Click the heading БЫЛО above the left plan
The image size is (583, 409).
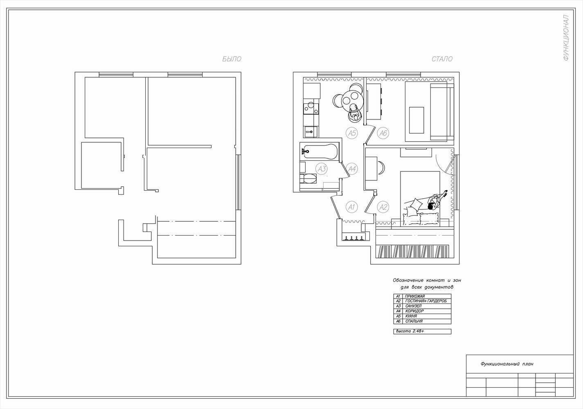coord(232,59)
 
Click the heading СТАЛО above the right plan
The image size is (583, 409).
coord(442,59)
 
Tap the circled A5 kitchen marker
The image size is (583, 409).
coord(351,133)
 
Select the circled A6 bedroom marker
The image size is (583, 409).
coord(383,133)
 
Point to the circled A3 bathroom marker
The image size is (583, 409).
coord(322,169)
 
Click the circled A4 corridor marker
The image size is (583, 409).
coord(352,169)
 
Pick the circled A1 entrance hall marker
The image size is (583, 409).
coord(351,207)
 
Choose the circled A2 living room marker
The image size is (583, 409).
coord(383,207)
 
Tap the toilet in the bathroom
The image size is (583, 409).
coord(308,179)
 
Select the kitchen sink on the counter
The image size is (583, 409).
coord(310,132)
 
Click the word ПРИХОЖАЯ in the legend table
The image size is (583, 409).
coord(415,296)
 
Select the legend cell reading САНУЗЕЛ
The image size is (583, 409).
coord(413,306)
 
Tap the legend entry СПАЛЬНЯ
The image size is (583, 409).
coord(414,321)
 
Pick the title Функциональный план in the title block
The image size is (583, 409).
coord(507,364)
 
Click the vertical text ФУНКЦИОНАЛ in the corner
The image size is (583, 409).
coord(566,38)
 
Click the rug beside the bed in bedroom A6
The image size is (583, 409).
coord(416,120)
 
